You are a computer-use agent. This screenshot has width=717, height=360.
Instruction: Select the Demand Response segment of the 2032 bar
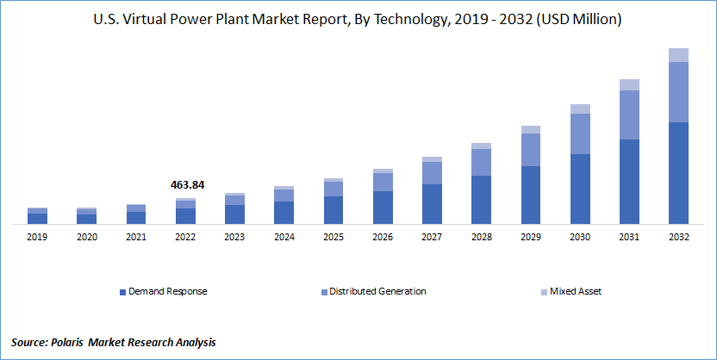tap(679, 172)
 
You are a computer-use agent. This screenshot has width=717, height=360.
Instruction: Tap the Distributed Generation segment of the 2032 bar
tap(679, 92)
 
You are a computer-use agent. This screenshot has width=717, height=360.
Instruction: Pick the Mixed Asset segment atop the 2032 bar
tap(679, 55)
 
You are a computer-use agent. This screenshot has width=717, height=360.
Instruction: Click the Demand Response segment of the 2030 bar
tap(580, 189)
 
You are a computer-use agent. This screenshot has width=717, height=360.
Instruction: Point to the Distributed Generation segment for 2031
tap(629, 115)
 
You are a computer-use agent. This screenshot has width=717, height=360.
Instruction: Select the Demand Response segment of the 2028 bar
tap(482, 199)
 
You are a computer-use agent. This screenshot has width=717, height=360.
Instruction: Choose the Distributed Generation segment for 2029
tap(531, 150)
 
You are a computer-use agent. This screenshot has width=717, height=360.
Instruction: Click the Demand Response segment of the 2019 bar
tap(37, 218)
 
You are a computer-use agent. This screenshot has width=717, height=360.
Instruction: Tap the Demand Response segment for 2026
tap(383, 207)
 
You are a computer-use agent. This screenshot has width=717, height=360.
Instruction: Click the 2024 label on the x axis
tap(284, 235)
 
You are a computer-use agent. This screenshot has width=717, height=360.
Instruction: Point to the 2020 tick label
tap(86, 235)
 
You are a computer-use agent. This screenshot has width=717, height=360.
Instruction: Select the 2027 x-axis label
tap(432, 235)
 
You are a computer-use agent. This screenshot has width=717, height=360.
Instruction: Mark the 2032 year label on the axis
tap(679, 235)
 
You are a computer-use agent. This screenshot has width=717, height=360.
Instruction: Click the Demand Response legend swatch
tap(122, 291)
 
